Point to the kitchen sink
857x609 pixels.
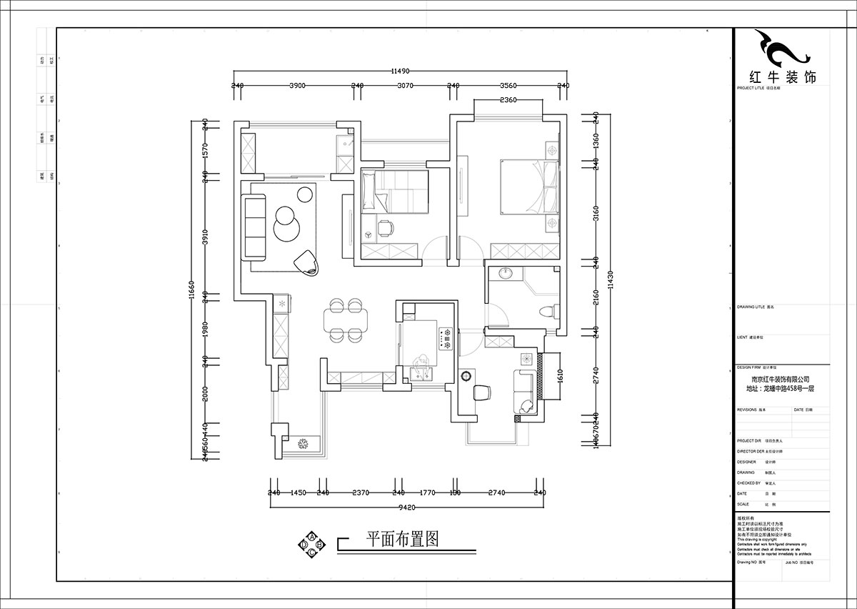click(x=420, y=372)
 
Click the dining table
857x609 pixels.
click(x=346, y=320)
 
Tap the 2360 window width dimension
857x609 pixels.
click(x=508, y=100)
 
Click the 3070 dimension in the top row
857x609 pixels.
click(x=405, y=85)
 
